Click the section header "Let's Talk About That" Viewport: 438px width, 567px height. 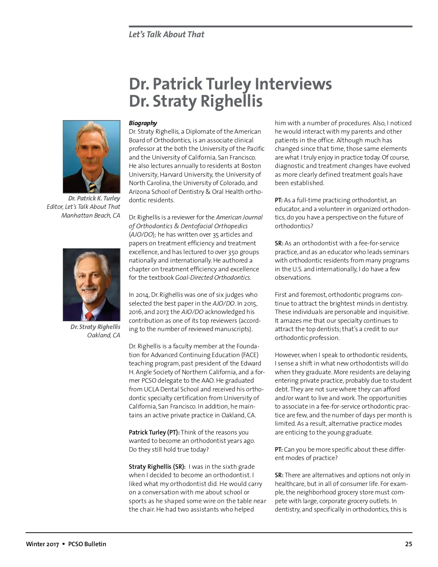[166, 35]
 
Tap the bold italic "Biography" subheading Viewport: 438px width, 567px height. [143, 123]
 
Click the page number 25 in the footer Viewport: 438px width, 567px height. [408, 544]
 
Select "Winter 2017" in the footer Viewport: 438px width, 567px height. [42, 544]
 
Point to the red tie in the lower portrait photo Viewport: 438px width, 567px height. [89, 316]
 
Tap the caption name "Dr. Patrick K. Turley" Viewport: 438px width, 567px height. [94, 198]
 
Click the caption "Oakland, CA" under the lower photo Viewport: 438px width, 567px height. [103, 335]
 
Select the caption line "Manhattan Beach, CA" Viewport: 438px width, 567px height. [91, 215]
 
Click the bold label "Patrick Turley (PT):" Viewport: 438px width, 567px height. [154, 432]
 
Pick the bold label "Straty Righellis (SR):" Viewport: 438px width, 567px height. [157, 467]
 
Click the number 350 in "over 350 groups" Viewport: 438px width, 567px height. [233, 252]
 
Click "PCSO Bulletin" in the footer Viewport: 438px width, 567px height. [87, 544]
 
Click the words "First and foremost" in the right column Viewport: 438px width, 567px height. [300, 295]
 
